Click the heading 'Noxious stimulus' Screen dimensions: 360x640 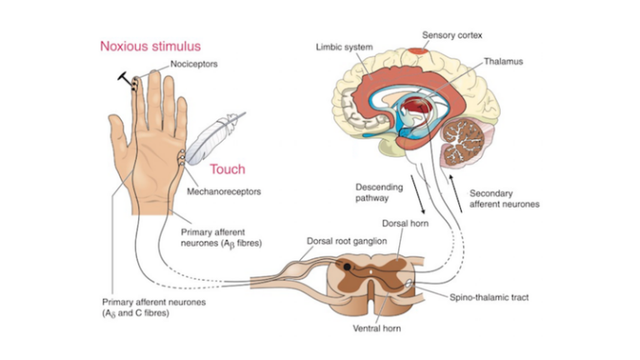151,46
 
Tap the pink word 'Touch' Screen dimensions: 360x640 227,169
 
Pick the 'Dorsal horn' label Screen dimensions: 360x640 405,224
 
